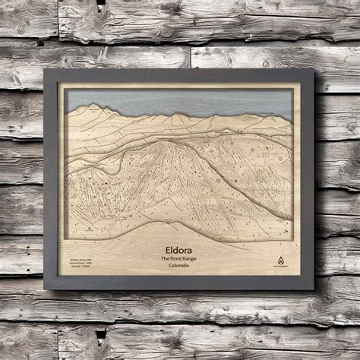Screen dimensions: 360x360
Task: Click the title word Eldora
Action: pos(180,248)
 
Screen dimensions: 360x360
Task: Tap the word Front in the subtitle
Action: pos(182,258)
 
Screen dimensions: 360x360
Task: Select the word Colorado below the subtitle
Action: pos(180,267)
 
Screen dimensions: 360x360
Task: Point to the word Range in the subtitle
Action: pos(195,258)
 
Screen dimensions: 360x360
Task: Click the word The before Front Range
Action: pos(167,258)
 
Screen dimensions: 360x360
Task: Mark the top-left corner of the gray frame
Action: pos(46,70)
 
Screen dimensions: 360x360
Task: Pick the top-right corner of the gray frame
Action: pos(313,71)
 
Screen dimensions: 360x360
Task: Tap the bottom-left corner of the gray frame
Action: pos(46,289)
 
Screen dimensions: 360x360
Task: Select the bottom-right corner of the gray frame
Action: pos(313,289)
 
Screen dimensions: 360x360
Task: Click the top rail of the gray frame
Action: pos(180,74)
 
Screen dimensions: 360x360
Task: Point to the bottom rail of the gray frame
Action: pos(180,284)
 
